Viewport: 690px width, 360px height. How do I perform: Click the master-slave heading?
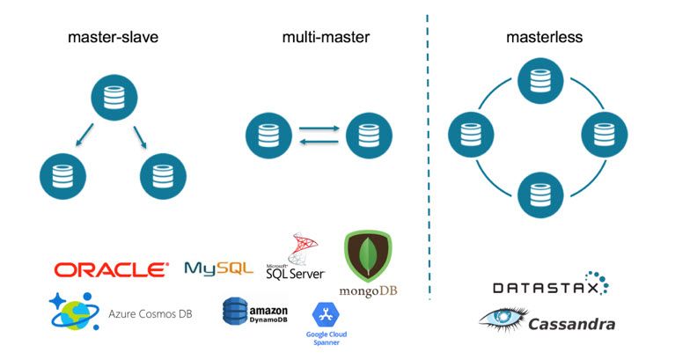[114, 39]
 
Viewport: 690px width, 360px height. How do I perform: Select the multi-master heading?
[326, 39]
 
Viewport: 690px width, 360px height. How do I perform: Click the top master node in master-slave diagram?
[114, 99]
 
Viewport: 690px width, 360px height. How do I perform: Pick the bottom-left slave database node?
[63, 176]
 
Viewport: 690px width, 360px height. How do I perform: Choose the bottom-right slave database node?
[164, 176]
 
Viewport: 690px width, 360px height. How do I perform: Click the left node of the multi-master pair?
[268, 136]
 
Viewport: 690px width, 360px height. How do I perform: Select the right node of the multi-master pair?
[369, 136]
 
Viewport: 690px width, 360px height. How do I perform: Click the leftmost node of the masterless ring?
[471, 136]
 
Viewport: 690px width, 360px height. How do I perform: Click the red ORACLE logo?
[111, 269]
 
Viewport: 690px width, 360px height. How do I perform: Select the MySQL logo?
[218, 269]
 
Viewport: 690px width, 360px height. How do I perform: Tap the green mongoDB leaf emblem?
[368, 256]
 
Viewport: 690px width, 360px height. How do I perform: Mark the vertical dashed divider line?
[429, 158]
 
